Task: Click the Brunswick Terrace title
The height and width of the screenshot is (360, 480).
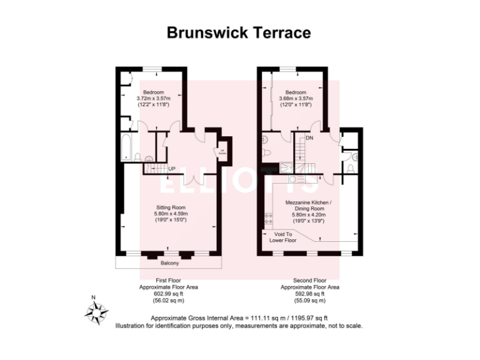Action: [x=239, y=32]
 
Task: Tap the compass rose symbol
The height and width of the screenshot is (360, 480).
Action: [x=96, y=310]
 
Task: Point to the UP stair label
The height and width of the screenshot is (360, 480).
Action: [x=171, y=168]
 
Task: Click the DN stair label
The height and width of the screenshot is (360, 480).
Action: [x=309, y=138]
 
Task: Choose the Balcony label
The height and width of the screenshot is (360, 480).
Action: [x=170, y=263]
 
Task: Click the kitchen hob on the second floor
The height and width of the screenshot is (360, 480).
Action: [x=269, y=219]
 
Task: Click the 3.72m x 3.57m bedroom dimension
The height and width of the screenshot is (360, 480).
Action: [x=154, y=98]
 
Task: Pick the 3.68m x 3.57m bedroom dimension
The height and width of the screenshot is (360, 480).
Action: [x=296, y=98]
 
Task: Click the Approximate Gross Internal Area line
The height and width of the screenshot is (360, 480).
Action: [x=239, y=318]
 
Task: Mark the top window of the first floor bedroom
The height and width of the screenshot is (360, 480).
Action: [x=152, y=69]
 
